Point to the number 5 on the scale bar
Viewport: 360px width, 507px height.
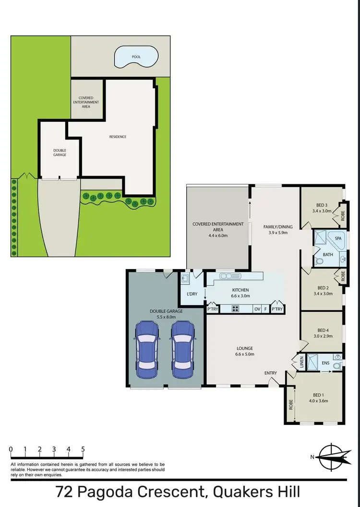(83, 449)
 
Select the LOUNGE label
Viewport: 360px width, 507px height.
(244, 348)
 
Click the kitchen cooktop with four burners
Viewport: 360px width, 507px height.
(236, 309)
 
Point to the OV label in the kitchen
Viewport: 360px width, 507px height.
(257, 309)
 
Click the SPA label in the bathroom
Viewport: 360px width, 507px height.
(338, 238)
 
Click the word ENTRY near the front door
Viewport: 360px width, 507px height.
(271, 373)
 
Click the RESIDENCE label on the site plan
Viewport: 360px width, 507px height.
(118, 137)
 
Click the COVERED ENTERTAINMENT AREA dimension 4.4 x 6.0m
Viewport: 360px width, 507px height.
(217, 236)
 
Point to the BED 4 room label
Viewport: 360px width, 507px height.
(322, 330)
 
